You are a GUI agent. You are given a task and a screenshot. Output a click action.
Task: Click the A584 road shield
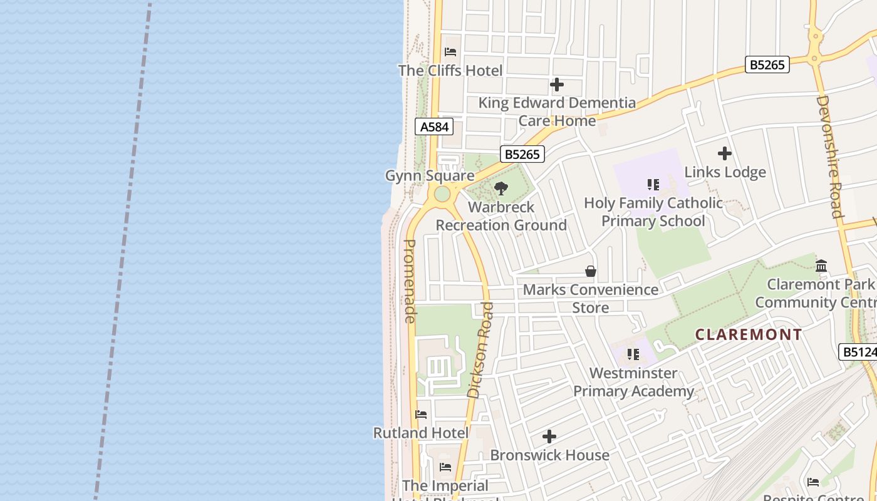point(434,127)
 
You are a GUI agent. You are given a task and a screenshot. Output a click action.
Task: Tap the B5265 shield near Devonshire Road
point(767,65)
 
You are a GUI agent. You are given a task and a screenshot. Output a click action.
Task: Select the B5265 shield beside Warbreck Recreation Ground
point(522,154)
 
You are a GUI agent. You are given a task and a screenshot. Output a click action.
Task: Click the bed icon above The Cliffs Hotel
point(450,52)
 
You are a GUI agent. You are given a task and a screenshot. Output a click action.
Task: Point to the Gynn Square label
point(429,176)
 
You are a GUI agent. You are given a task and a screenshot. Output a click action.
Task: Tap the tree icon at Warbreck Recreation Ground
point(501,188)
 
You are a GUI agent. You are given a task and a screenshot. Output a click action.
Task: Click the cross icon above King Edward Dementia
point(556,85)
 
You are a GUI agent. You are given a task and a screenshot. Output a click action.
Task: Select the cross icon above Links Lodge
point(725,153)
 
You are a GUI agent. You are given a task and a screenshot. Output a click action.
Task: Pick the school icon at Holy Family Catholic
point(653,185)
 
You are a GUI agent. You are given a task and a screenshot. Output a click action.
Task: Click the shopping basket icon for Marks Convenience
point(590,271)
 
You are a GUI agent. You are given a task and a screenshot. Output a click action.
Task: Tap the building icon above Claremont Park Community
point(821,266)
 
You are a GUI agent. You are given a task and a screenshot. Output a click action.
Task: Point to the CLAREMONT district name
point(749,334)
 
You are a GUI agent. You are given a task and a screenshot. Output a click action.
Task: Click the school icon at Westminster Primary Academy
point(633,354)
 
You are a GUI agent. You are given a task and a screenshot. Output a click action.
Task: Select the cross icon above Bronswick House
point(549,436)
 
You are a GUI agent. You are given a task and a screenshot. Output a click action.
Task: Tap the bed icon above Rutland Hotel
point(421,415)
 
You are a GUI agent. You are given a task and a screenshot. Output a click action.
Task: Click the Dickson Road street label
point(481,349)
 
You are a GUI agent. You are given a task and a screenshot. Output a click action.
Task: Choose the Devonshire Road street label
point(831,156)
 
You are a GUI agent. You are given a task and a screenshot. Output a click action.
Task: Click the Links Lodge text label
point(725,172)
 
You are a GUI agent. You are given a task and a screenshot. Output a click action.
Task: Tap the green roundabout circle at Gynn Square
point(442,194)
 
